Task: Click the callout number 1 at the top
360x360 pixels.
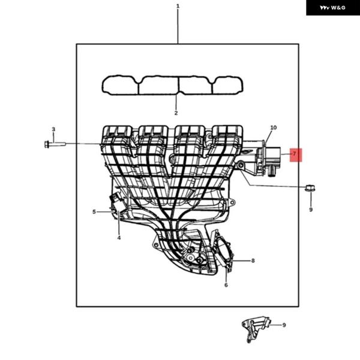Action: (x=178, y=6)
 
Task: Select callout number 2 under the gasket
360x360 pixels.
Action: (x=176, y=113)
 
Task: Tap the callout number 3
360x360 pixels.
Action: (x=53, y=129)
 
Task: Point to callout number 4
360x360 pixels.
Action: (x=119, y=238)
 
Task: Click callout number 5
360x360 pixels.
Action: (x=94, y=212)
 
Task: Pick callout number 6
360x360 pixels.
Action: (x=226, y=285)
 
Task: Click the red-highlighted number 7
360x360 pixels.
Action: (x=295, y=154)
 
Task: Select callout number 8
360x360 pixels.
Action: (x=253, y=260)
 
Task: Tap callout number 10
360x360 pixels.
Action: (x=274, y=127)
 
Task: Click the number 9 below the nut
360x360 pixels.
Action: (x=311, y=209)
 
